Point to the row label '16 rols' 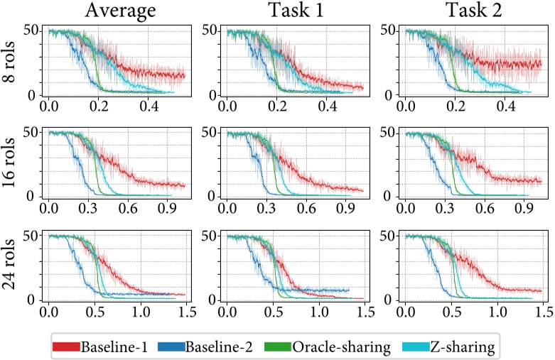[11, 165]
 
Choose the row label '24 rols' [11, 266]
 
